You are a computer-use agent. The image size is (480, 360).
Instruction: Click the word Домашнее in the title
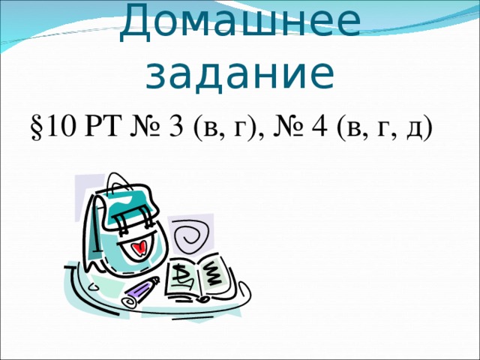point(239,22)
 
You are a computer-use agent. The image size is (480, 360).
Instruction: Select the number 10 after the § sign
point(59,128)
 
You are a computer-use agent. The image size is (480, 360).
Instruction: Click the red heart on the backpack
point(136,247)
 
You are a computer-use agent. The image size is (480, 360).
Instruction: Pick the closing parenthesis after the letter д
point(428,130)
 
